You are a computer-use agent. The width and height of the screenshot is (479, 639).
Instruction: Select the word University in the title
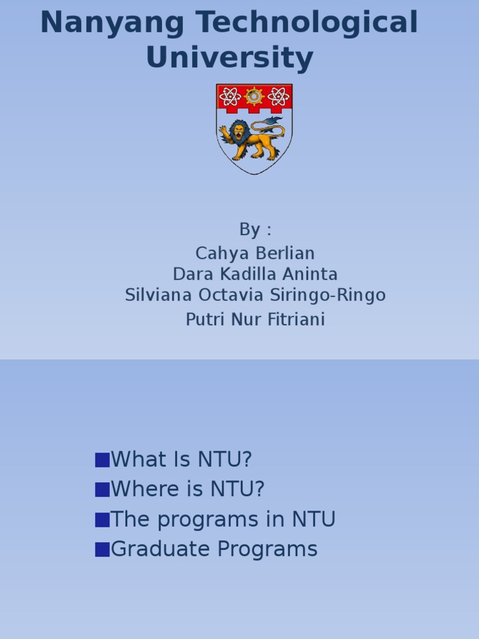(230, 57)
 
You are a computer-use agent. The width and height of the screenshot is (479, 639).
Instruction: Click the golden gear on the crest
(254, 97)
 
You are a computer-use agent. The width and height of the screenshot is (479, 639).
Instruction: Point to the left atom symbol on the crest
(230, 97)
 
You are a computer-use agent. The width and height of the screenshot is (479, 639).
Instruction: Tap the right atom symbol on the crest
(279, 97)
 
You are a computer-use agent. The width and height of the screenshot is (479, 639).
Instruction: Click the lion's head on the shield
(239, 131)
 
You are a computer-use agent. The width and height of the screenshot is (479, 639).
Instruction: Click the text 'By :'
(255, 230)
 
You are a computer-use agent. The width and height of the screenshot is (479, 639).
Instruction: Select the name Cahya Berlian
(255, 253)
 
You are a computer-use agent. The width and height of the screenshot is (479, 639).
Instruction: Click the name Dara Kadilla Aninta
(255, 275)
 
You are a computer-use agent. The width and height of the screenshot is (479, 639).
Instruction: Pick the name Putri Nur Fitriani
(255, 319)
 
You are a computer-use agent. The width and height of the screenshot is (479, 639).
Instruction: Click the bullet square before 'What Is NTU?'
(102, 460)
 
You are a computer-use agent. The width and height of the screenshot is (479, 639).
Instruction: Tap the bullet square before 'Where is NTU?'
(102, 490)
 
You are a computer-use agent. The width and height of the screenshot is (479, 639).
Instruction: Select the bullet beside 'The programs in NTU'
(102, 520)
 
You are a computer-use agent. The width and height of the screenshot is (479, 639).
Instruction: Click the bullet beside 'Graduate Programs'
(102, 550)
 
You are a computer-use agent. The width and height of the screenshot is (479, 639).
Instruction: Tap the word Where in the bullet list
(145, 489)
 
